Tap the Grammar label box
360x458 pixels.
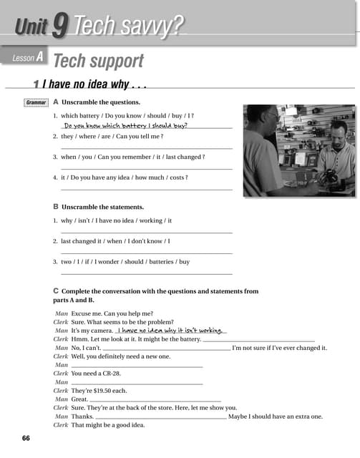pyautogui.click(x=36, y=102)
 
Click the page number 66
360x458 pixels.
pyautogui.click(x=26, y=437)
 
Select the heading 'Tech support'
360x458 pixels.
pyautogui.click(x=98, y=61)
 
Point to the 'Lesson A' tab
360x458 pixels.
pyautogui.click(x=28, y=58)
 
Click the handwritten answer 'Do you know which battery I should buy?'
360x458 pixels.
pyautogui.click(x=125, y=125)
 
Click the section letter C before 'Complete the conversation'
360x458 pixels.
pyautogui.click(x=56, y=291)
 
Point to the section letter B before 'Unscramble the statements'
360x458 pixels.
pyautogui.click(x=56, y=207)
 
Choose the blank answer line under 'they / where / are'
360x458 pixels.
pyautogui.click(x=147, y=148)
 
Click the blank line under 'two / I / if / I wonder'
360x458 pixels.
pyautogui.click(x=147, y=273)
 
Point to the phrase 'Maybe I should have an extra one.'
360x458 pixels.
pyautogui.click(x=276, y=416)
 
